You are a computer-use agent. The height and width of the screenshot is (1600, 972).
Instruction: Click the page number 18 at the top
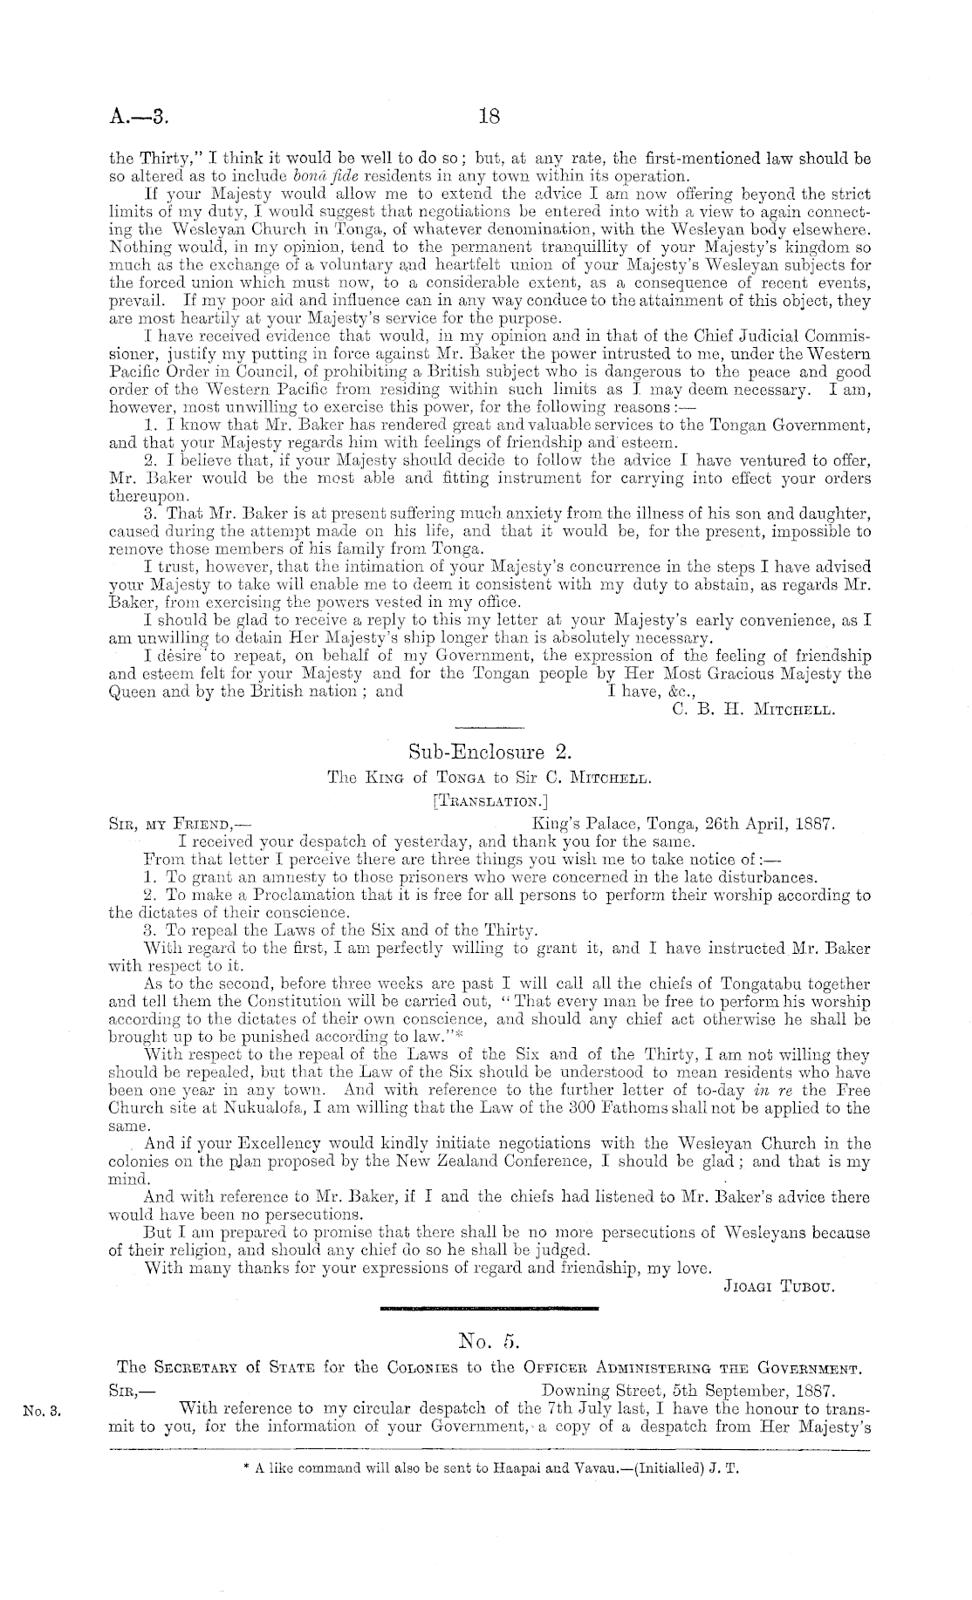tap(488, 115)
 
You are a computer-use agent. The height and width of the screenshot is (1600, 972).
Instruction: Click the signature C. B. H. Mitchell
tap(755, 710)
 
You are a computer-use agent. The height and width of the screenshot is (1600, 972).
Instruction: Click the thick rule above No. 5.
tap(489, 1308)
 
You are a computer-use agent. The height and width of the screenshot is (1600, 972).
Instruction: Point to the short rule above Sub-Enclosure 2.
tap(489, 727)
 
